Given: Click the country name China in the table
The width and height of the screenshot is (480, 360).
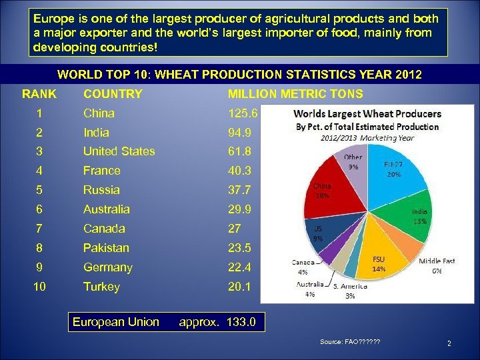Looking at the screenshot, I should coord(99,113).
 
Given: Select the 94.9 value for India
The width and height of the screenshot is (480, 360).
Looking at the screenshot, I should coord(239,133).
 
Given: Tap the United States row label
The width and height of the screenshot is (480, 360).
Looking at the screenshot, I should coord(119,151).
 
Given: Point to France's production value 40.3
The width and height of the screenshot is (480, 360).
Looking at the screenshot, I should coord(239,171).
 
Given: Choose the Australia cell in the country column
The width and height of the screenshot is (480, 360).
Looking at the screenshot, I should coord(107,209).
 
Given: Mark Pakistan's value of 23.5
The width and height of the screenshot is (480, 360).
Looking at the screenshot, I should coord(239,248).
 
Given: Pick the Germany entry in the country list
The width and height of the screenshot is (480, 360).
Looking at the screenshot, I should coord(107,267).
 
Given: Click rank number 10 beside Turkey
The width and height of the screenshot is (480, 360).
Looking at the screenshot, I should coord(39,287).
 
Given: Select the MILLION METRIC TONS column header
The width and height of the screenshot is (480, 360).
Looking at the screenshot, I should coord(295,94).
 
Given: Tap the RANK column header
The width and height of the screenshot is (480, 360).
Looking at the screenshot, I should coord(39,94).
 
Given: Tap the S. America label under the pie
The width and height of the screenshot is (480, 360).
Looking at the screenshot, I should coord(349,286).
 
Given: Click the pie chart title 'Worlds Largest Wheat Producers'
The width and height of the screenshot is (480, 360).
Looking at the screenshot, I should coord(368,114).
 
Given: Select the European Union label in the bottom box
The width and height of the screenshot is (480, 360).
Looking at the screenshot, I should coord(116,323).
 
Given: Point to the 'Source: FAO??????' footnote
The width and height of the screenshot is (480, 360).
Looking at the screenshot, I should coord(350,342).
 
